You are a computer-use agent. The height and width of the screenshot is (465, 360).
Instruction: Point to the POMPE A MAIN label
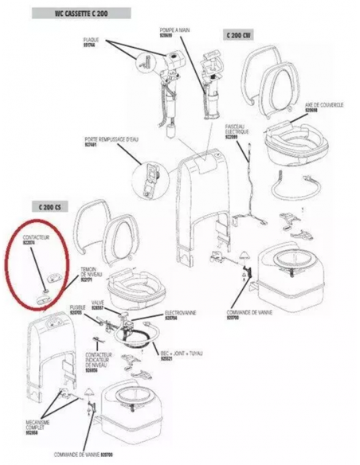click(x=174, y=33)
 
